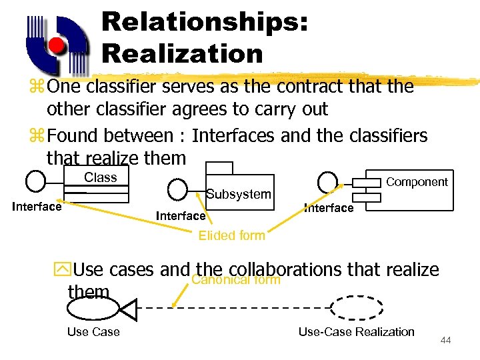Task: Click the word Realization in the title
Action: (x=182, y=53)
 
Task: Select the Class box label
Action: (x=101, y=177)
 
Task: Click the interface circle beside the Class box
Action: (x=35, y=181)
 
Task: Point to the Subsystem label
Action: (x=239, y=194)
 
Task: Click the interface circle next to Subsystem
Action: (x=177, y=190)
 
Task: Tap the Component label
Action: (x=417, y=182)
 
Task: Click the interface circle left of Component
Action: (x=327, y=181)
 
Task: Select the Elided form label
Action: (x=232, y=235)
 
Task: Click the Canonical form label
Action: (x=235, y=279)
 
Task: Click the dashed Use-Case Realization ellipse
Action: (x=357, y=308)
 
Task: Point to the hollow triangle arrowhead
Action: (x=127, y=308)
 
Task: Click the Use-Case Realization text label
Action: (x=356, y=332)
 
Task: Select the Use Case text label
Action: (x=93, y=332)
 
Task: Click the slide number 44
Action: (x=446, y=341)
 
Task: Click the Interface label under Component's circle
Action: (x=329, y=208)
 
